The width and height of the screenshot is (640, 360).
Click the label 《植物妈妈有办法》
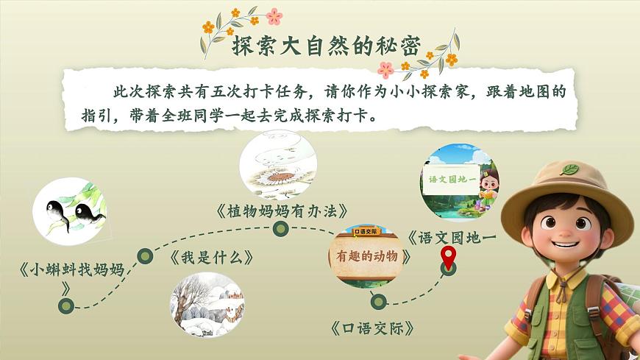tap(282, 211)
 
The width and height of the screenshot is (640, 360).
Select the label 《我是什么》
tap(212, 258)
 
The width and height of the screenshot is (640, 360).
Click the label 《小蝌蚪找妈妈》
tap(71, 269)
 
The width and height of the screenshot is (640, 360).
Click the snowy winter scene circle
tap(208, 304)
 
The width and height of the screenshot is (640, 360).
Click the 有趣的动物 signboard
tap(367, 256)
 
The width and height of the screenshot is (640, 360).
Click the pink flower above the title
tap(274, 16)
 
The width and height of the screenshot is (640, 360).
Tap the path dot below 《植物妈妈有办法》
tap(280, 230)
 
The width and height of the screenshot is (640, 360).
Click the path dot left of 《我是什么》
tap(146, 256)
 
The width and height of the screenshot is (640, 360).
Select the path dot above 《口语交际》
tap(378, 300)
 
